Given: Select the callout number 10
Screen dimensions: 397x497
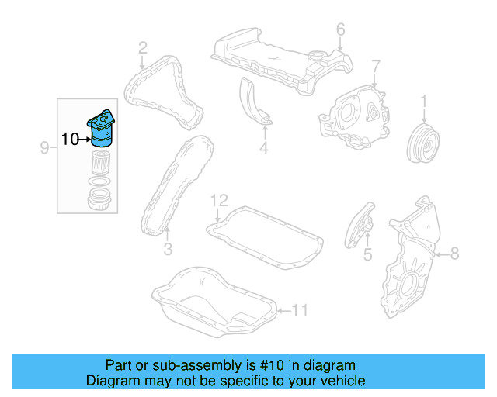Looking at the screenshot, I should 70,140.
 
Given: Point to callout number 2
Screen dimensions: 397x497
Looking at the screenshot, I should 143,49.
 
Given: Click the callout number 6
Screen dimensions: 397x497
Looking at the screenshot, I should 340,29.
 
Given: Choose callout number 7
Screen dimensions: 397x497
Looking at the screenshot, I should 375,64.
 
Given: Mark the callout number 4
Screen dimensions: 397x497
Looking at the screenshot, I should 263,147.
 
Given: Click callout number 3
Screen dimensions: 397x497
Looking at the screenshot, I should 167,249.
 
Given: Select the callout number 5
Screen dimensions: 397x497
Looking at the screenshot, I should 367,254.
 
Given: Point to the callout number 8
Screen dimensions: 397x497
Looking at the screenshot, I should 454,251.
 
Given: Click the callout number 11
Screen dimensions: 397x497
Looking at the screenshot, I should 300,311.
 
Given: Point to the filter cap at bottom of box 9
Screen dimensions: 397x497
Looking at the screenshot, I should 98,200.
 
